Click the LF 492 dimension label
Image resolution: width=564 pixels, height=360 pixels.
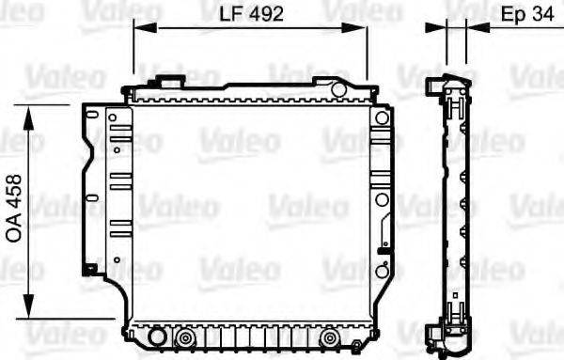coord(251,14)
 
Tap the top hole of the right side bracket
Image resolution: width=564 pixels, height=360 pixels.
coord(381,118)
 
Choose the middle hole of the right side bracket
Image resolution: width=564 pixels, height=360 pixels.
coord(381,199)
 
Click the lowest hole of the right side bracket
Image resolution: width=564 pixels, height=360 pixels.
coord(381,270)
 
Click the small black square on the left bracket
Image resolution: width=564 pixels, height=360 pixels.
coord(90,270)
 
